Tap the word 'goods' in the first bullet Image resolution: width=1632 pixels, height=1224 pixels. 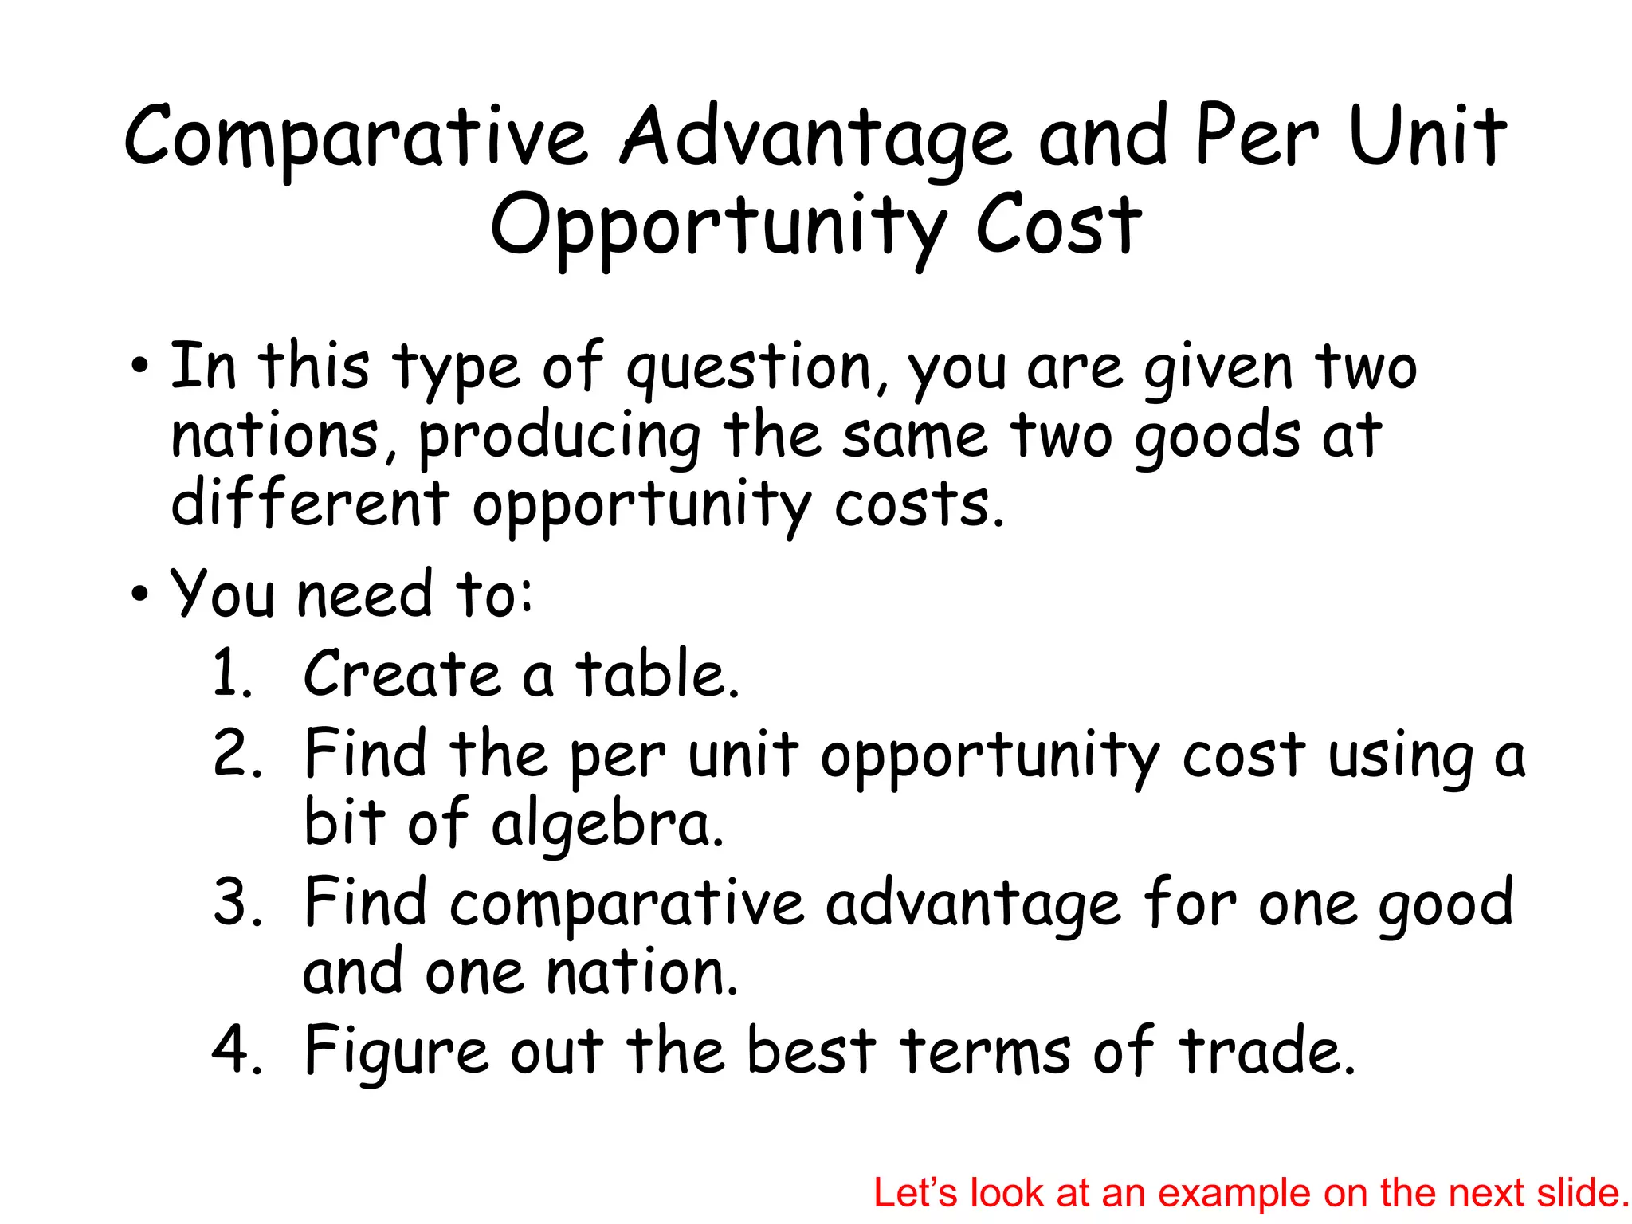click(1217, 437)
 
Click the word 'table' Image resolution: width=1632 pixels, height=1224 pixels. click(657, 674)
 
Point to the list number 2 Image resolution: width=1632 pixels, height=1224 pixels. click(237, 753)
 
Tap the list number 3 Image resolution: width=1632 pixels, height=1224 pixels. click(237, 902)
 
